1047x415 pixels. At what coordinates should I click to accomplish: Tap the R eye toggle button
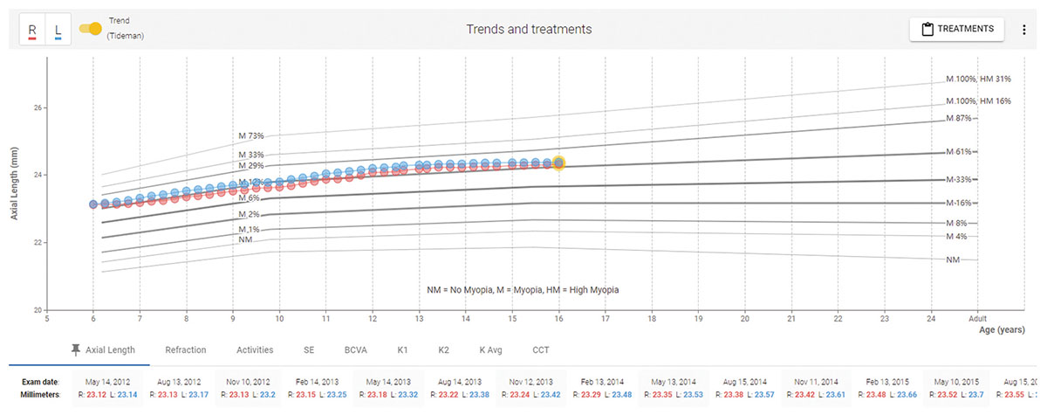click(x=32, y=30)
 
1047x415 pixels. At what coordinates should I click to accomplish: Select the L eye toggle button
click(x=58, y=30)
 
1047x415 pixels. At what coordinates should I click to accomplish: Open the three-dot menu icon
click(x=1023, y=29)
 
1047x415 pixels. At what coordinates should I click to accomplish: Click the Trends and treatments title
click(x=529, y=29)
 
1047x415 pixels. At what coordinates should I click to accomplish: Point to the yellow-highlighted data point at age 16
click(x=558, y=163)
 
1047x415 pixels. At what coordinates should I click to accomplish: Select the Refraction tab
click(x=186, y=349)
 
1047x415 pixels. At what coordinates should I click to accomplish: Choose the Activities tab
click(x=255, y=349)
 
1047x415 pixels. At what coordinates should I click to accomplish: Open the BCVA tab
click(x=354, y=349)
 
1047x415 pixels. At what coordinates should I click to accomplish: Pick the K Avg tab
click(x=491, y=349)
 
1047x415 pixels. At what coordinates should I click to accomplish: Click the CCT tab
click(x=541, y=349)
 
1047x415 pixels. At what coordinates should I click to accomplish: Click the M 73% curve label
click(x=251, y=136)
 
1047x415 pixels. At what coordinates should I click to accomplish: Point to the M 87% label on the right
click(x=960, y=118)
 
